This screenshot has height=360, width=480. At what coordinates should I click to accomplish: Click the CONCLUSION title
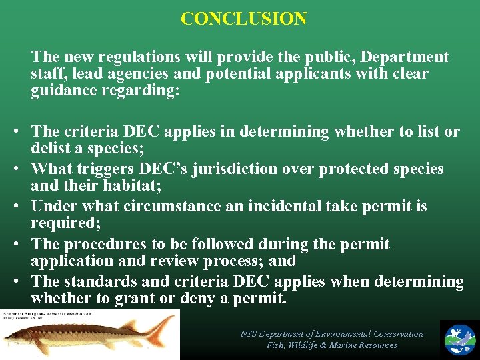(243, 18)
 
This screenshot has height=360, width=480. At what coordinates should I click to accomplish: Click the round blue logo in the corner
(459, 338)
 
